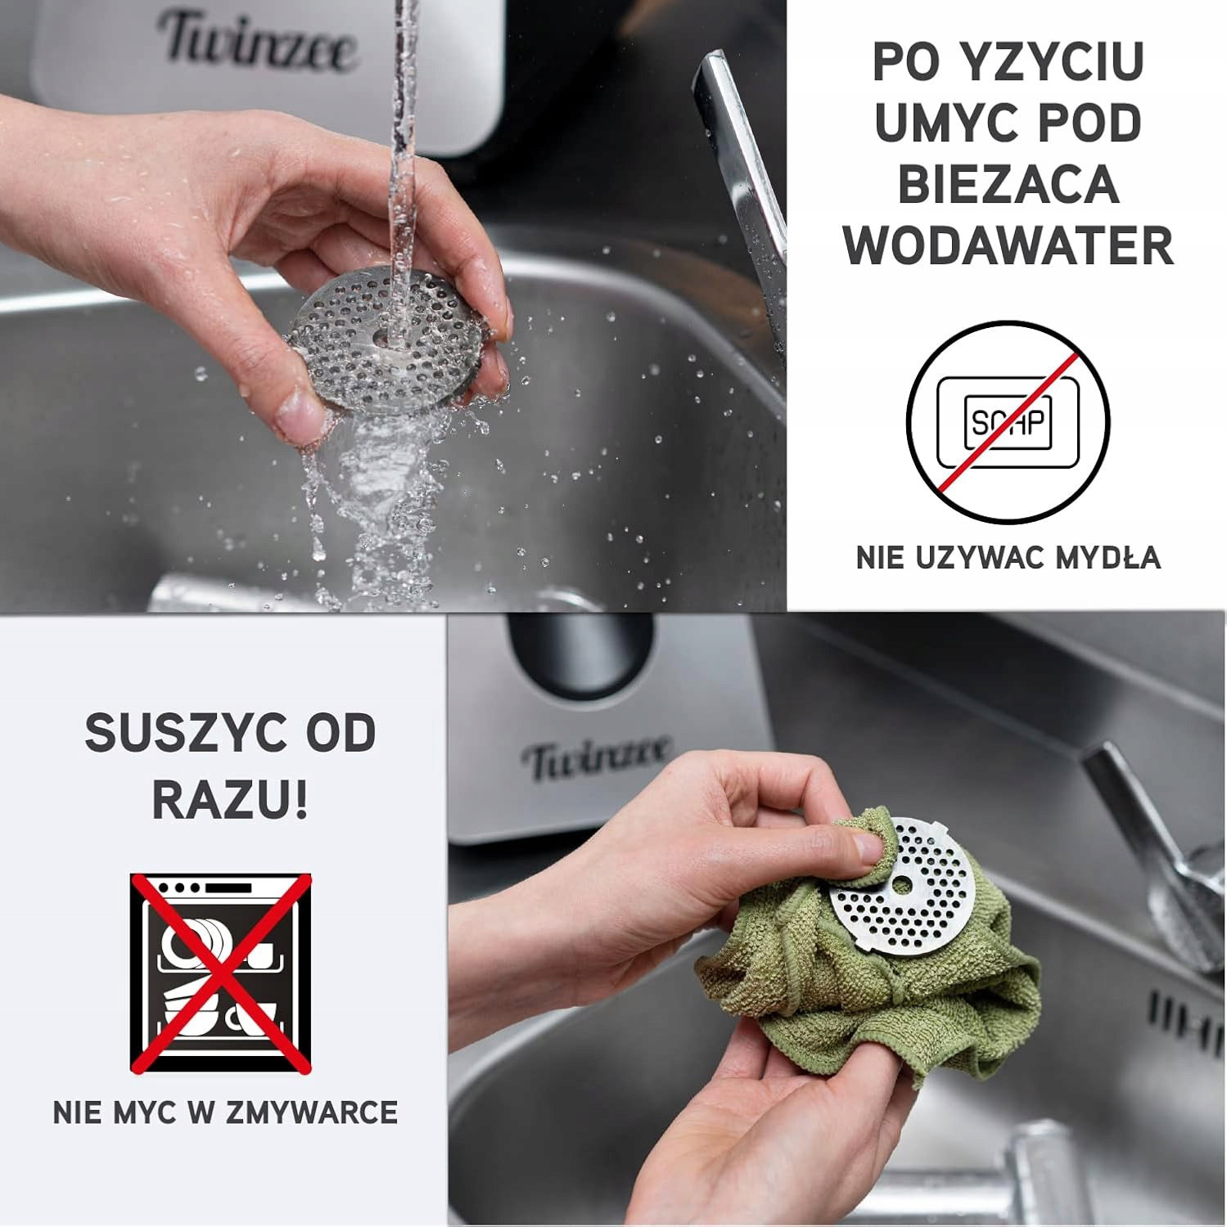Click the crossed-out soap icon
coord(1008,422)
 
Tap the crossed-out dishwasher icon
coord(221,973)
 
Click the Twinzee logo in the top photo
coord(256,41)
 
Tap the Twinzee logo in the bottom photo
coord(598,757)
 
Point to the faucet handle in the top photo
coord(741,188)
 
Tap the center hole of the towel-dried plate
coord(901,885)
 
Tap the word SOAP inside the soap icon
coord(1008,422)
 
